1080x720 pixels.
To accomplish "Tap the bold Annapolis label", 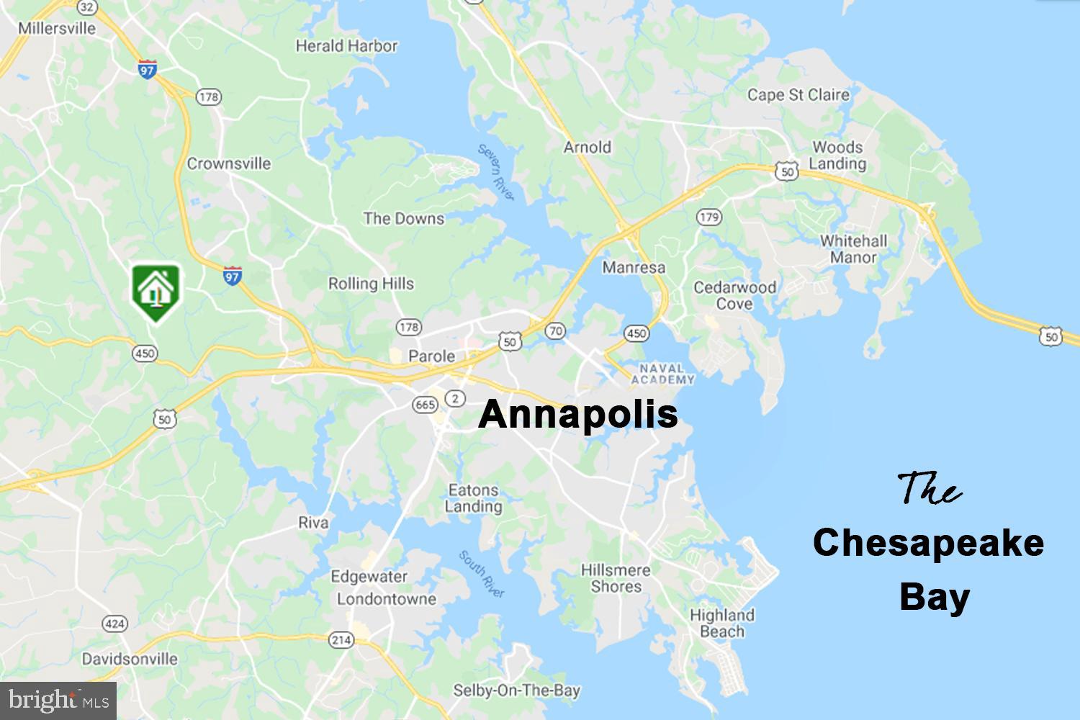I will coord(578,415).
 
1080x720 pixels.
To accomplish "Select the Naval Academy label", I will coord(663,374).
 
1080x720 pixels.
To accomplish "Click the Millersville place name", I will coord(57,28).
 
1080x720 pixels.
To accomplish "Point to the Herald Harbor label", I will coord(346,46).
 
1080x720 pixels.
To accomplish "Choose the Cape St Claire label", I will coord(798,94).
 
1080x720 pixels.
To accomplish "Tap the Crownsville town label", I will coord(229,163).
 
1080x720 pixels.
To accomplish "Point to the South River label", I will coord(482,574).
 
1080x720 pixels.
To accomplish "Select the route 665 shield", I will coord(425,405).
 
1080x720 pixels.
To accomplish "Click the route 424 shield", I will coord(114,624).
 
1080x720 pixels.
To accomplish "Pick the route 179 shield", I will coord(709,217).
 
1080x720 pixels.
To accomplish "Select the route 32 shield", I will coord(87,6).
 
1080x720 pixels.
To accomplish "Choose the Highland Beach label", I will coord(721,624).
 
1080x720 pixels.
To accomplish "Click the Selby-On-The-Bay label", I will coord(516,690).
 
